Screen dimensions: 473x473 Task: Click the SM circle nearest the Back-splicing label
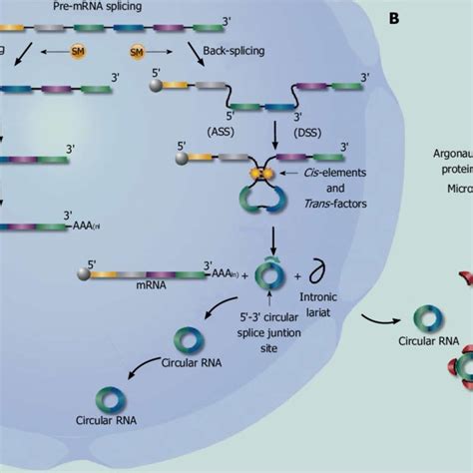[137, 50]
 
